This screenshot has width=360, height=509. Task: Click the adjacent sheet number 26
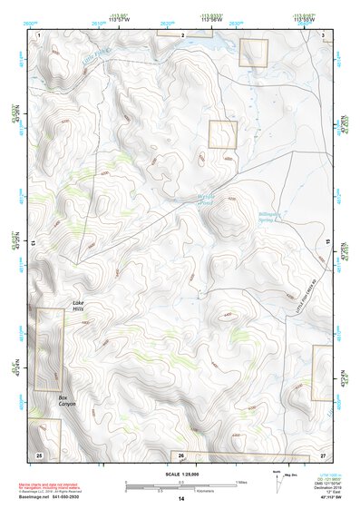(180, 454)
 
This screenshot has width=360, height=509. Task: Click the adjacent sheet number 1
(39, 34)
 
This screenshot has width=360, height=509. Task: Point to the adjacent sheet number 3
(323, 34)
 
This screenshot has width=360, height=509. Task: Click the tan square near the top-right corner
(254, 54)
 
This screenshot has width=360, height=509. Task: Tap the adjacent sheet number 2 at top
(183, 34)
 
